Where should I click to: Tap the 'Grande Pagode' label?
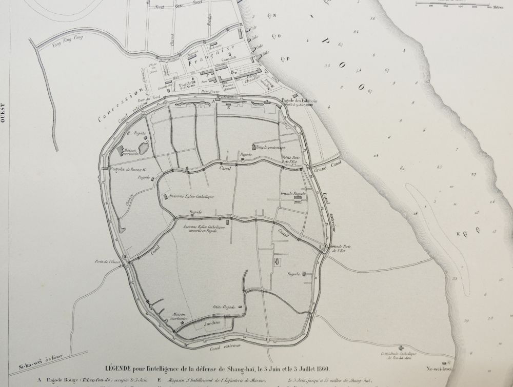click(x=293, y=194)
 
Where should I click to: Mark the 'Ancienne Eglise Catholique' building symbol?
click(x=165, y=196)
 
